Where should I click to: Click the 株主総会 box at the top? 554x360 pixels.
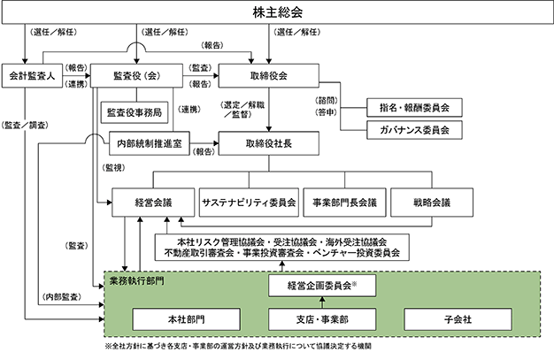277,12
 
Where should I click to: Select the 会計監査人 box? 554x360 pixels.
32,75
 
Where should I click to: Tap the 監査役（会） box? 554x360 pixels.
137,75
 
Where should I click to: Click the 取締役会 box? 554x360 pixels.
268,75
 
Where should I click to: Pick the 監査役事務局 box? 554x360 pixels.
135,112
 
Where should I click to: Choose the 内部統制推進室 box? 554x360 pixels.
150,143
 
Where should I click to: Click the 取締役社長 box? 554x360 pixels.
268,143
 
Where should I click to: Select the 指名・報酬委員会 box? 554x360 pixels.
414,108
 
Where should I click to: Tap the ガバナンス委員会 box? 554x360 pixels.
414,130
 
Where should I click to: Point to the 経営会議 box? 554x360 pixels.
153,203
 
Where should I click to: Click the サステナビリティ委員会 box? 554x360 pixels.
249,203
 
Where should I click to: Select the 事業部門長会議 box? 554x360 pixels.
345,203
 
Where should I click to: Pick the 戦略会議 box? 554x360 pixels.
432,203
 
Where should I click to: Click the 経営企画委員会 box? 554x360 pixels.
322,286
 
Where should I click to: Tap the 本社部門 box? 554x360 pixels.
186,319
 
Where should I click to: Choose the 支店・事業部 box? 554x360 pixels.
322,319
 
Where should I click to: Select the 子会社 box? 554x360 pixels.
458,319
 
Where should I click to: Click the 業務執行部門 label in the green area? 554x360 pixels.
137,281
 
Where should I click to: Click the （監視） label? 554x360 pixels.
113,168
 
